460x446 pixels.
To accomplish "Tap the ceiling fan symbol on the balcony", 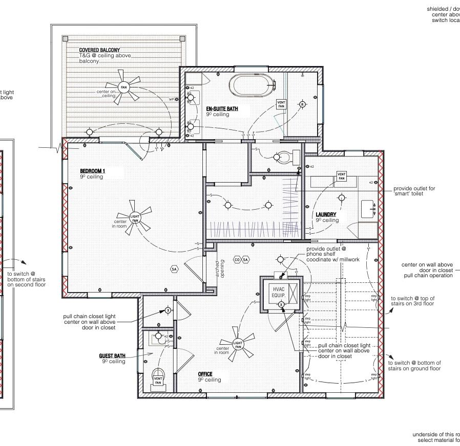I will [x=123, y=87].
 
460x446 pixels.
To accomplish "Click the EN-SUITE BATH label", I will [x=222, y=109].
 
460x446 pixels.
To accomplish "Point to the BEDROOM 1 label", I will [x=93, y=171].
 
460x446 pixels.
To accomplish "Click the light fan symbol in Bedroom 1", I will [x=135, y=217].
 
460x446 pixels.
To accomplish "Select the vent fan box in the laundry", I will [x=342, y=176].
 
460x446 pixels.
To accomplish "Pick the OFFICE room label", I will [x=205, y=374].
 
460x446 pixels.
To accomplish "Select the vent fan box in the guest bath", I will [x=158, y=380].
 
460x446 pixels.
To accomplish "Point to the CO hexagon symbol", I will [x=237, y=260].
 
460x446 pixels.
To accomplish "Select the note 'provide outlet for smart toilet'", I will [x=414, y=191].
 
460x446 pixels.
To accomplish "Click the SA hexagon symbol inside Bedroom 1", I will [x=174, y=269].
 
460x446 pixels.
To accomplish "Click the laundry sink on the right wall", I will [x=370, y=209].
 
